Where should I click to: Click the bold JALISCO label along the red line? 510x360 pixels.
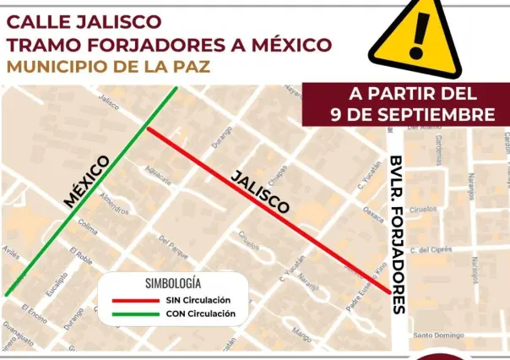(x=260, y=191)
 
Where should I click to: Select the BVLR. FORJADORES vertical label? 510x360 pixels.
(x=398, y=234)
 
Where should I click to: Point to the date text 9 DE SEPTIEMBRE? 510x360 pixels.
(x=413, y=113)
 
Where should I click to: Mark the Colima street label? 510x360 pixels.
(x=87, y=227)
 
